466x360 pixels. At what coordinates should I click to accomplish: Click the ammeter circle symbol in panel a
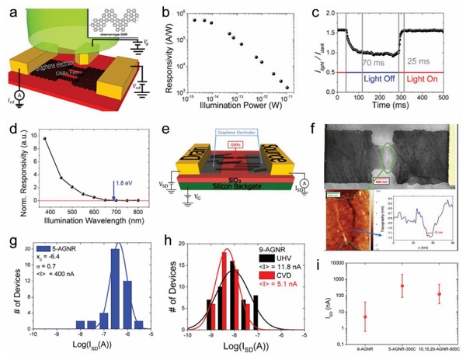18,116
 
